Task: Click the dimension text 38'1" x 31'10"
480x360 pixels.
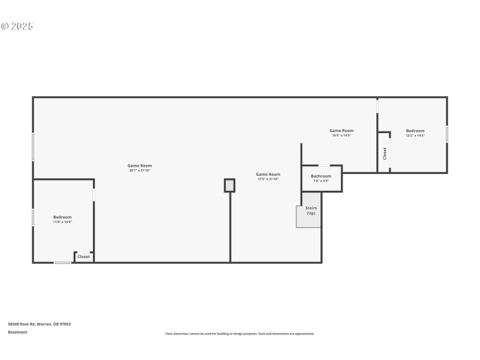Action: [139, 170]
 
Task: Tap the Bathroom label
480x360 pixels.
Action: [321, 176]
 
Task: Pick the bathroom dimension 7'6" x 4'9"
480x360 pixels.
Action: [321, 181]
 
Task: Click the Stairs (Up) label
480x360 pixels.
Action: [311, 211]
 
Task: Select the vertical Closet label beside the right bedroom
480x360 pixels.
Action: [385, 153]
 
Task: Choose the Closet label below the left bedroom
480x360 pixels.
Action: [83, 257]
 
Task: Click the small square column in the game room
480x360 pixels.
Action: [229, 185]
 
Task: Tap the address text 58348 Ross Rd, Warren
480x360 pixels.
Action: [40, 324]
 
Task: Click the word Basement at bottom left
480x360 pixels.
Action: [17, 332]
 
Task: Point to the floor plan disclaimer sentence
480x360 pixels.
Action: [240, 334]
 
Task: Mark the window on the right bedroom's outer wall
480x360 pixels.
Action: [447, 134]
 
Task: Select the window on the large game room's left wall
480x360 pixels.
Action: [33, 146]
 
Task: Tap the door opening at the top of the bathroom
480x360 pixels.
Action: [323, 165]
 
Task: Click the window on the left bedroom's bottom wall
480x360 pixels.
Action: [62, 263]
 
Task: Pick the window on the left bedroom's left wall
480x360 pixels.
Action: [33, 217]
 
